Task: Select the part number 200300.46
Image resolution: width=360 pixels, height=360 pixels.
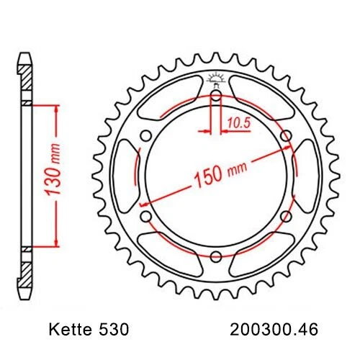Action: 276,330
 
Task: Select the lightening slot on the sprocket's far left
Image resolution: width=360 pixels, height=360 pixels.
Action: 125,175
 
